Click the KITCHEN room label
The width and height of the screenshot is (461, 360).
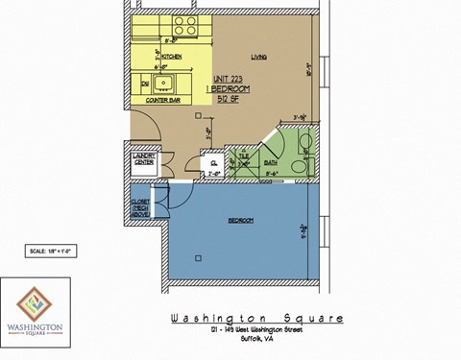click(x=171, y=58)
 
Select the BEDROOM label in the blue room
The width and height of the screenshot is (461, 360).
click(x=241, y=221)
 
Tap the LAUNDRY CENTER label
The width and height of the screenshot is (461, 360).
click(x=144, y=159)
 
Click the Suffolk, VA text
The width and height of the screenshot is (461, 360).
click(x=255, y=340)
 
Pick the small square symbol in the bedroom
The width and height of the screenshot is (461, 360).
click(x=197, y=256)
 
